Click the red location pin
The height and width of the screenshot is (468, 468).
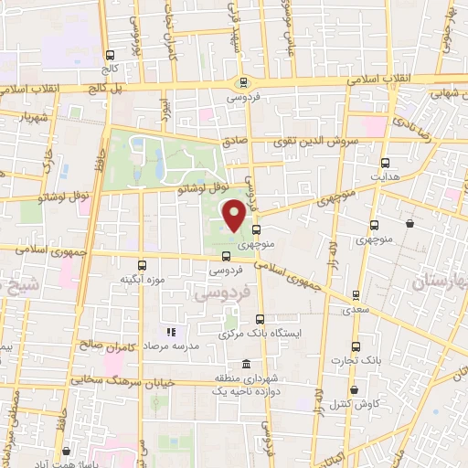[234, 215]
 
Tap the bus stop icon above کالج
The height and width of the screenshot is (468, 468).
[111, 54]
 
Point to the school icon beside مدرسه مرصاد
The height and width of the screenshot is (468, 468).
[169, 332]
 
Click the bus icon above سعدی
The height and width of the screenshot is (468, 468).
[353, 296]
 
